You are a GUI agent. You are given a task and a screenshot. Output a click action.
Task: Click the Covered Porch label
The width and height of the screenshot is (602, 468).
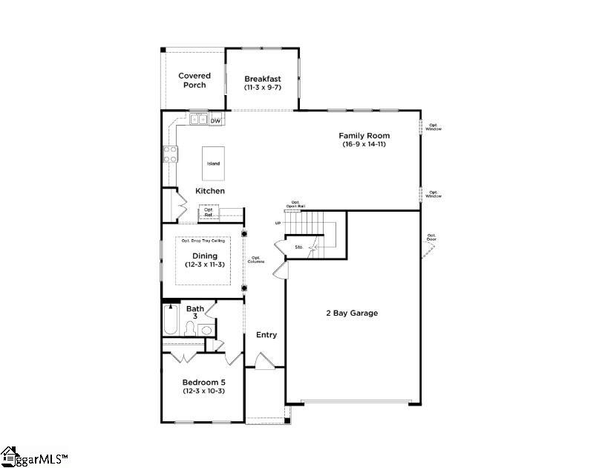point(194,80)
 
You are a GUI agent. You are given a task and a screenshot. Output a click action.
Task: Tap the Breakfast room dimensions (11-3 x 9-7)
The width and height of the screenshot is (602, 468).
point(263,87)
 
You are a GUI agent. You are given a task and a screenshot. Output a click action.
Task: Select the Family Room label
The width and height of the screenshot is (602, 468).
point(364,136)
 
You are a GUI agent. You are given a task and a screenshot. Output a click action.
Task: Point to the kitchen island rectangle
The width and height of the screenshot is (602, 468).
point(213,162)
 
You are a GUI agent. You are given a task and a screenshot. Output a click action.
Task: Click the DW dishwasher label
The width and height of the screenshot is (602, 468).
point(215,120)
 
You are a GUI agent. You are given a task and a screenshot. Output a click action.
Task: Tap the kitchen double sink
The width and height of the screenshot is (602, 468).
point(198,119)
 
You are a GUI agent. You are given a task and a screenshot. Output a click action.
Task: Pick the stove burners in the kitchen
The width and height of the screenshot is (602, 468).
point(170,154)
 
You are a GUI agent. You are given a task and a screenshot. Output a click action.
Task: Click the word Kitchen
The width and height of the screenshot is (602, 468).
point(210,191)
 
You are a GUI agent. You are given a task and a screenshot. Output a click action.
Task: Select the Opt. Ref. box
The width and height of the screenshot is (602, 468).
point(209,212)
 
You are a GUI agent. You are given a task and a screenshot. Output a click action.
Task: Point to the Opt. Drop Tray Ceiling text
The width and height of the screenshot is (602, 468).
point(203,241)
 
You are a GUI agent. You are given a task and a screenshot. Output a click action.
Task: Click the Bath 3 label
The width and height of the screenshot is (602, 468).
point(195,313)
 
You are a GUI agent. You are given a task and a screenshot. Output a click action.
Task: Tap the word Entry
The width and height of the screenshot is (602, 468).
point(266,335)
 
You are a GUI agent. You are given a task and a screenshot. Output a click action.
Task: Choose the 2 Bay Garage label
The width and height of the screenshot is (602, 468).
point(352,313)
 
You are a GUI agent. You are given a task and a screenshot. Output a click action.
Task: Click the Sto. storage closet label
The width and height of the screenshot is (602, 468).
point(299,247)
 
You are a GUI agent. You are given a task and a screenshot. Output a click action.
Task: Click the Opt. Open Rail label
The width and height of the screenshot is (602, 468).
point(295,204)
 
